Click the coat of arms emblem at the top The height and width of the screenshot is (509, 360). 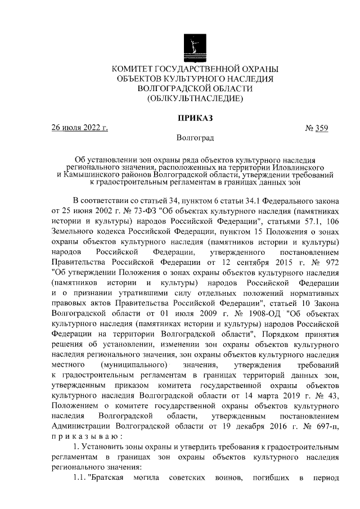[195, 46]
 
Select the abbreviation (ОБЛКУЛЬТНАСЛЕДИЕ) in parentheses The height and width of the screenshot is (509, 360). [195, 98]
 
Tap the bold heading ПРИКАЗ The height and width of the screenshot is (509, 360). [195, 119]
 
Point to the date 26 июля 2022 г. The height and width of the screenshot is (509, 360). [79, 128]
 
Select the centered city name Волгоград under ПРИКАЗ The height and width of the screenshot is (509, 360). [195, 137]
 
